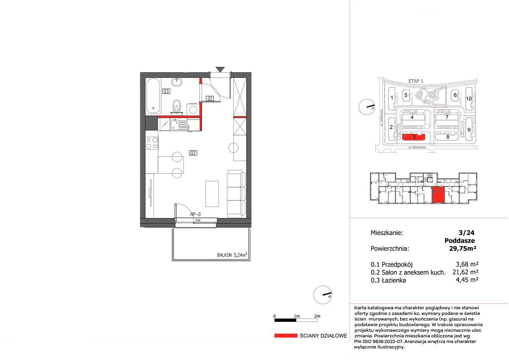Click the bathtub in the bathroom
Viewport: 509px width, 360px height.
pyautogui.click(x=153, y=96)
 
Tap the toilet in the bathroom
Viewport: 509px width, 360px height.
pyautogui.click(x=177, y=107)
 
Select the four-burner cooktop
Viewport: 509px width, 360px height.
pyautogui.click(x=152, y=143)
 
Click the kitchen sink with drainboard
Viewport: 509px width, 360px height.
pyautogui.click(x=179, y=125)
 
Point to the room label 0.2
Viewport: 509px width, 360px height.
pyautogui.click(x=193, y=153)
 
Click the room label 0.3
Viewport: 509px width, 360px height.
pyautogui.click(x=166, y=91)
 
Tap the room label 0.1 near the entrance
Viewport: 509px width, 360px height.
pyautogui.click(x=210, y=98)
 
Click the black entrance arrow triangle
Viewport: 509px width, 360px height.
pyautogui.click(x=220, y=70)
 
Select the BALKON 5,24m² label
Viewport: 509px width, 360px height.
pyautogui.click(x=232, y=255)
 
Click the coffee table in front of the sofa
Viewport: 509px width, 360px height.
pyautogui.click(x=212, y=194)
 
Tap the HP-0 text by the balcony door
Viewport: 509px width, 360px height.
pyautogui.click(x=195, y=214)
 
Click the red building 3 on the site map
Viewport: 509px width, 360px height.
pyautogui.click(x=414, y=137)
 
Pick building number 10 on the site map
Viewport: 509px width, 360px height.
pyautogui.click(x=469, y=99)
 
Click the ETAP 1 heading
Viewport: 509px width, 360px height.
pyautogui.click(x=416, y=81)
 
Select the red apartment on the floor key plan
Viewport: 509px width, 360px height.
pyautogui.click(x=438, y=195)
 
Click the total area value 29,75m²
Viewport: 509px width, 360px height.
pyautogui.click(x=462, y=248)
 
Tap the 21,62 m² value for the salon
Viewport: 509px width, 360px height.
pyautogui.click(x=465, y=272)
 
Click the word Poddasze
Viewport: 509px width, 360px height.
pyautogui.click(x=460, y=240)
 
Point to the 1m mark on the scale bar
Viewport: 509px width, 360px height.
pyautogui.click(x=297, y=316)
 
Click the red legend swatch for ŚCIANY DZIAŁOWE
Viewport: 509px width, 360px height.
pyautogui.click(x=286, y=336)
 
